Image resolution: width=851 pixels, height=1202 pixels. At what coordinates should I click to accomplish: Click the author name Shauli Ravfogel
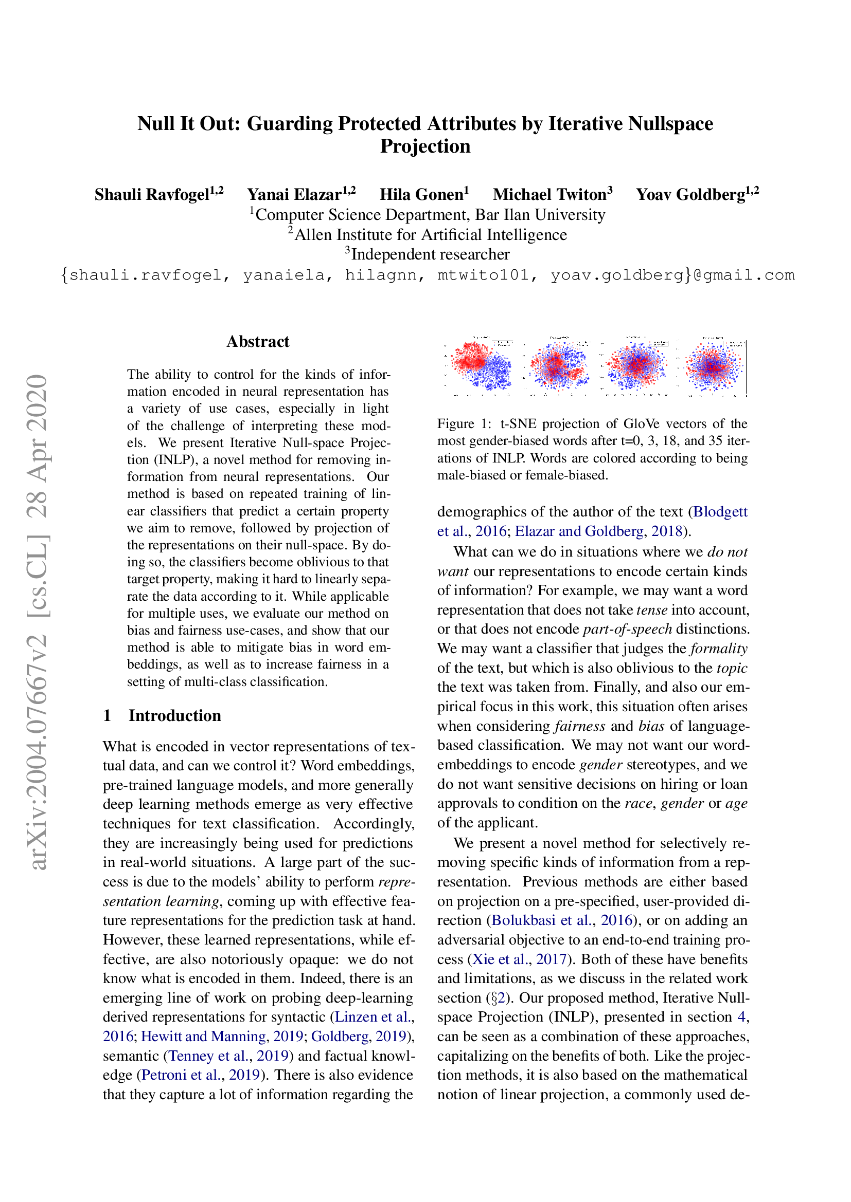tap(152, 195)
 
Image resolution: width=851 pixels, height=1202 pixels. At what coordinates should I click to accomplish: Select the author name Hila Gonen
tap(421, 195)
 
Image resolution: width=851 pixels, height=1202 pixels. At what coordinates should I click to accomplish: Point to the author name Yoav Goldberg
tap(690, 195)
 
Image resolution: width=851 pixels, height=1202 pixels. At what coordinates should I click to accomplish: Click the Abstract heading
tap(258, 342)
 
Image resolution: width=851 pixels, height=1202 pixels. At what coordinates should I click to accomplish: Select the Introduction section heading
tap(174, 716)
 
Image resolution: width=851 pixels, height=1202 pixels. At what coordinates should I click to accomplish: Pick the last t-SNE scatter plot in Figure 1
tap(713, 366)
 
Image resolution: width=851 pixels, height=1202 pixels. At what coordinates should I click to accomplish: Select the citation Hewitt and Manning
tap(203, 1037)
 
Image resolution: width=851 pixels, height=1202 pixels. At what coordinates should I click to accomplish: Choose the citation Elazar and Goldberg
tap(579, 531)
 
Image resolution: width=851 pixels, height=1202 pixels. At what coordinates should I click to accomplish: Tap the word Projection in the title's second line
tap(425, 146)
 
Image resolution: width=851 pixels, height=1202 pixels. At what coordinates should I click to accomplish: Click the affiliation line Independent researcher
tap(430, 254)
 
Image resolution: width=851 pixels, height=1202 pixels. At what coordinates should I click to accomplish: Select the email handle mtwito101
tap(483, 275)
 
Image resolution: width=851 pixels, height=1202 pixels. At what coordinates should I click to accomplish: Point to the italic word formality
tap(719, 649)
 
